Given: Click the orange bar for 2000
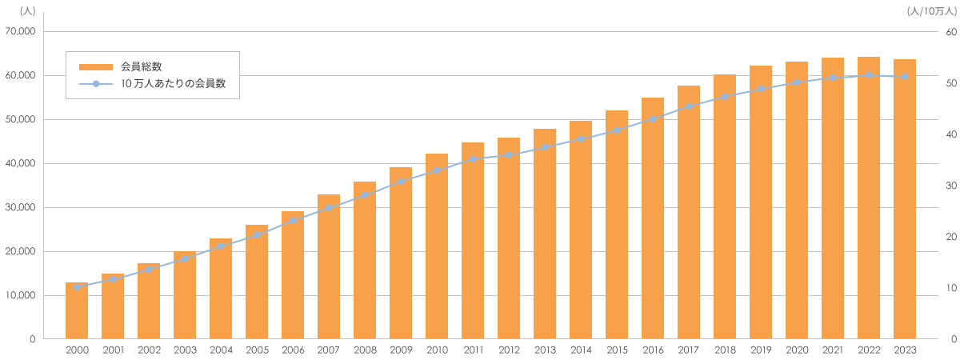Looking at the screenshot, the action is click(77, 310).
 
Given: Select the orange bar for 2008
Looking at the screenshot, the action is click(365, 260).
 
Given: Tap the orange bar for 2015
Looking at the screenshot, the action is click(617, 225).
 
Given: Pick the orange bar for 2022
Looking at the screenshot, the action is click(869, 198).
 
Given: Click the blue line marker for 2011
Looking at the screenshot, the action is click(473, 159).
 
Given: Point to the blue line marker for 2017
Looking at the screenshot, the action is click(689, 106).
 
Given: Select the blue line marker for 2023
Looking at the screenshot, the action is click(905, 77).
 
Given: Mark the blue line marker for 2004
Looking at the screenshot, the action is click(221, 246).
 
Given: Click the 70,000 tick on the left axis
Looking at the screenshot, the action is click(20, 32).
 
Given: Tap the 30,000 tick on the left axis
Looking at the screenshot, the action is click(20, 207).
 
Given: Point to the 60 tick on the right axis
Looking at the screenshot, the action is click(951, 32).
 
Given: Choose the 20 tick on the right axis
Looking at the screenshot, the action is click(951, 237).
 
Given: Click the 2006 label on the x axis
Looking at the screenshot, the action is click(293, 350).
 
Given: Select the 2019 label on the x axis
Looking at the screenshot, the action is click(761, 350).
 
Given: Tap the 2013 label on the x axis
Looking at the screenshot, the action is click(545, 350).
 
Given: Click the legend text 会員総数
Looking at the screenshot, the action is click(142, 66).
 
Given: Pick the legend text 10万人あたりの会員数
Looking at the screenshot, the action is click(173, 83).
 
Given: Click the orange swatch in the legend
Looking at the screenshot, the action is click(96, 67).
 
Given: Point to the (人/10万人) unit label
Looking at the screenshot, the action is click(932, 11).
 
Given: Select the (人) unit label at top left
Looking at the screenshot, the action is click(28, 11).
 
